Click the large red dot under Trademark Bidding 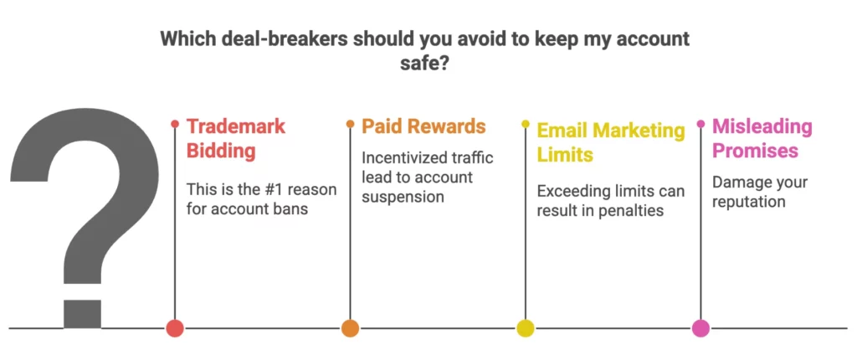[x=174, y=328]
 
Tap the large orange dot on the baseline [x=350, y=328]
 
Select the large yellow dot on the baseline [x=526, y=328]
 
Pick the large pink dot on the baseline [x=700, y=328]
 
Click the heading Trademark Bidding [x=235, y=139]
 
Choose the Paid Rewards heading [x=423, y=126]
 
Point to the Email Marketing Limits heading [x=610, y=142]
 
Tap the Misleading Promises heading [x=762, y=139]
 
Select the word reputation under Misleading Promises [x=749, y=202]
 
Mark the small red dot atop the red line [x=174, y=125]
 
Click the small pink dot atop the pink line [x=700, y=125]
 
